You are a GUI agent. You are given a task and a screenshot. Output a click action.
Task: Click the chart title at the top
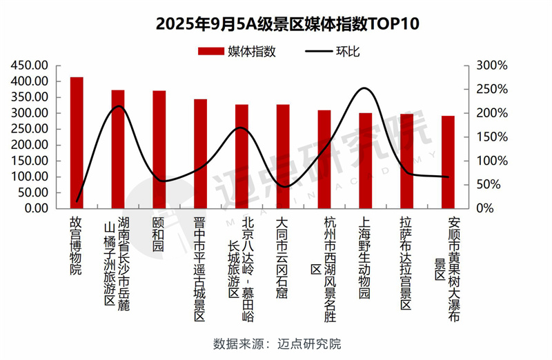[x=275, y=23]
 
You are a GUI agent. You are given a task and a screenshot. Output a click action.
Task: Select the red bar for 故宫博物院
[x=77, y=142]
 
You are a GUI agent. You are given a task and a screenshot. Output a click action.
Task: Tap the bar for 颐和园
[x=159, y=149]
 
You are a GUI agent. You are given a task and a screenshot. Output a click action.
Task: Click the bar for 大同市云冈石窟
[x=283, y=156]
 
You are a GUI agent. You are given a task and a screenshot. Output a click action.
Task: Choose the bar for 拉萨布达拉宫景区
[x=406, y=161]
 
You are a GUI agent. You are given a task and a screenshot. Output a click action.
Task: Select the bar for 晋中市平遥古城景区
[x=200, y=153]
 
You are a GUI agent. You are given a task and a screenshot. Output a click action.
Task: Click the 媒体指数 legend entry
[x=237, y=51]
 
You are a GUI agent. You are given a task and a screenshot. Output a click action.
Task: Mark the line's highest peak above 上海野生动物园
[x=364, y=88]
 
